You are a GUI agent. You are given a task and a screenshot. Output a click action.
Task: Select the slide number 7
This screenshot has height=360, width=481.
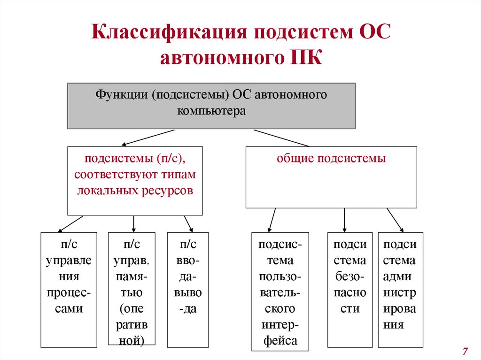[x=465, y=351]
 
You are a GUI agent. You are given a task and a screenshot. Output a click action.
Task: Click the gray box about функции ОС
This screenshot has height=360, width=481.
[x=211, y=106]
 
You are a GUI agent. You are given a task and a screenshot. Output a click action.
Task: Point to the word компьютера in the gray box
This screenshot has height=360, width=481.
[x=211, y=112]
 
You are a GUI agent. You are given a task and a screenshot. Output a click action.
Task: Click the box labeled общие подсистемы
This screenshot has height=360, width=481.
[x=331, y=177]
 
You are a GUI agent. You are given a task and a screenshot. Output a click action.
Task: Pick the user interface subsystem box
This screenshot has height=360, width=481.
[x=280, y=291]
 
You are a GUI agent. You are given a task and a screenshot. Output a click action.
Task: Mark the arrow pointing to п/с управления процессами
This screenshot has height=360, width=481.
[x=70, y=224]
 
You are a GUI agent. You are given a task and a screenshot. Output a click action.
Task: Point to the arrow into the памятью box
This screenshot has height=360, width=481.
[x=134, y=224]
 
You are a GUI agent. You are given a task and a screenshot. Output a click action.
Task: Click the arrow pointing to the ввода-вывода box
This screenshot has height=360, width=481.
[x=188, y=224]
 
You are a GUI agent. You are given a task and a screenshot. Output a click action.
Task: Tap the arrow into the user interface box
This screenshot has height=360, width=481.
[x=272, y=220]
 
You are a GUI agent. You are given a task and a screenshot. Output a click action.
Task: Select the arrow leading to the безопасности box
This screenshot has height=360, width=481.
[x=345, y=220]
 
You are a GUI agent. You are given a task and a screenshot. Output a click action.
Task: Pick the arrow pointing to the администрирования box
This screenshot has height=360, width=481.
[x=395, y=220]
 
